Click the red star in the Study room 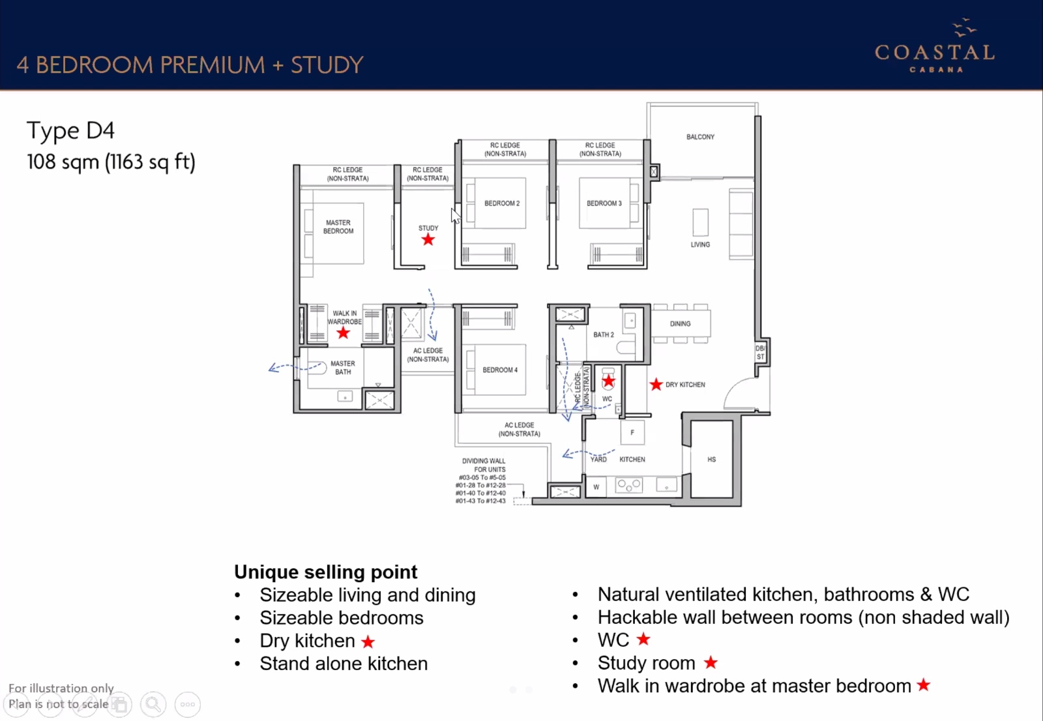pyautogui.click(x=428, y=240)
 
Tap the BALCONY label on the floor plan pyautogui.click(x=700, y=137)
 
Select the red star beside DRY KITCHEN pyautogui.click(x=656, y=385)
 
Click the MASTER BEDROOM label pyautogui.click(x=338, y=227)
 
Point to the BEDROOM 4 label pyautogui.click(x=500, y=370)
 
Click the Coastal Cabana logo pyautogui.click(x=935, y=48)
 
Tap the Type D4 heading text pyautogui.click(x=70, y=130)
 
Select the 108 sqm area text pyautogui.click(x=111, y=162)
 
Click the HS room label pyautogui.click(x=711, y=460)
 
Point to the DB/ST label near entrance pyautogui.click(x=760, y=353)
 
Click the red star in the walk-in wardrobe pyautogui.click(x=343, y=333)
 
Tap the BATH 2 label pyautogui.click(x=604, y=334)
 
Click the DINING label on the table pyautogui.click(x=680, y=323)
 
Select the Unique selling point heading pyautogui.click(x=325, y=572)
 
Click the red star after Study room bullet pyautogui.click(x=711, y=662)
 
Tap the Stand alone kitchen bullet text pyautogui.click(x=344, y=664)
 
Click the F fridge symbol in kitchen pyautogui.click(x=632, y=432)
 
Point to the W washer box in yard pyautogui.click(x=596, y=487)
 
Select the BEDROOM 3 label pyautogui.click(x=604, y=203)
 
